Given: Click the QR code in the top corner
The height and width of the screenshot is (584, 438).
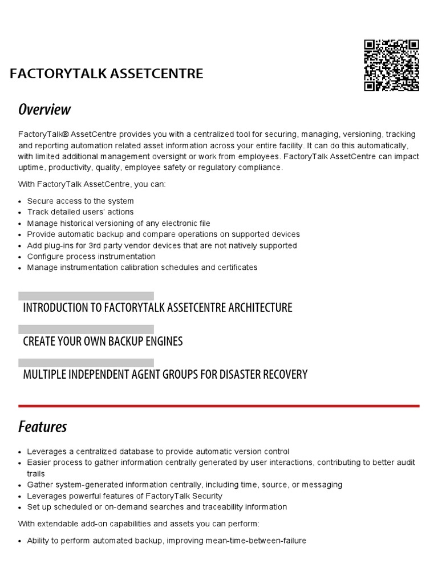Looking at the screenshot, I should [391, 65].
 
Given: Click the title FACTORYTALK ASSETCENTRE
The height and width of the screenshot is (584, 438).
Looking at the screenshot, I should [106, 74].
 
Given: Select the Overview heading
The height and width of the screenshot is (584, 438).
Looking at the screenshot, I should [44, 109].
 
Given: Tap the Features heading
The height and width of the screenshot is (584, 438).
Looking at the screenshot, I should [43, 426].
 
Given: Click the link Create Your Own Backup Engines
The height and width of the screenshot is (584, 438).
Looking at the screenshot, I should [103, 341].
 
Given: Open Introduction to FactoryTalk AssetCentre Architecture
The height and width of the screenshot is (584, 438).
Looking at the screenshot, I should [157, 308].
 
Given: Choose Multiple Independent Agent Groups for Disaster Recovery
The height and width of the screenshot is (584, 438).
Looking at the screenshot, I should [165, 375].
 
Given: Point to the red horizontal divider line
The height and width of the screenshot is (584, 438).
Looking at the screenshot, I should [218, 406].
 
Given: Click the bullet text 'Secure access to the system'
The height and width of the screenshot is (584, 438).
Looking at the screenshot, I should [80, 201].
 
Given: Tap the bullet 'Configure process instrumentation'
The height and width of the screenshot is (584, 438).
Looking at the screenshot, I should [91, 257].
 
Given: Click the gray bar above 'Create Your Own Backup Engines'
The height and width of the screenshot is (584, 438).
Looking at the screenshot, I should [86, 330].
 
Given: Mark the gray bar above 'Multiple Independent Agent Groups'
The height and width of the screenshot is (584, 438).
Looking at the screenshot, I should [86, 363].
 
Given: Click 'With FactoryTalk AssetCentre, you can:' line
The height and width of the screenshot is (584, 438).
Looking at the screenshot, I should [92, 184].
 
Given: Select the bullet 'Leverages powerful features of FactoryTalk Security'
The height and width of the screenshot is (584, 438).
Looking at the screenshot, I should [124, 496].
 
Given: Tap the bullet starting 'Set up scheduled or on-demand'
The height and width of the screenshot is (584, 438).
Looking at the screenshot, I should [157, 507].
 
